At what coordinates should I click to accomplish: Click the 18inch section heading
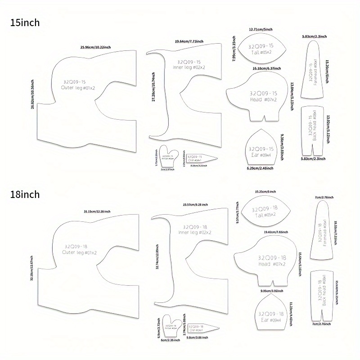tap(27, 195)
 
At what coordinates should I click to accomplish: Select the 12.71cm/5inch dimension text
tap(261, 29)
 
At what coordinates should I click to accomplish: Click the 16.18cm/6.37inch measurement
tap(266, 68)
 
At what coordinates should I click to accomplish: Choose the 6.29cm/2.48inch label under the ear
tap(260, 168)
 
